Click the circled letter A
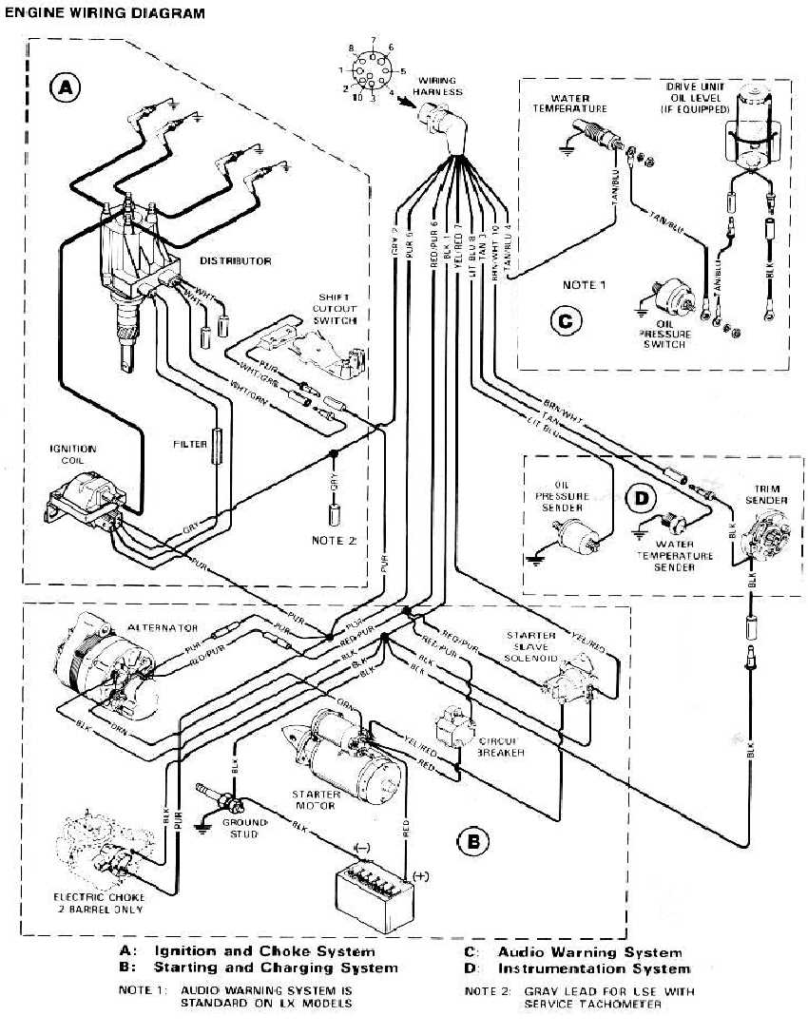pyautogui.click(x=65, y=88)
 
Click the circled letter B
pyautogui.click(x=472, y=840)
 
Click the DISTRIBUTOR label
pyautogui.click(x=236, y=260)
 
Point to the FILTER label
pyautogui.click(x=190, y=444)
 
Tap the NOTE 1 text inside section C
pyautogui.click(x=583, y=285)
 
